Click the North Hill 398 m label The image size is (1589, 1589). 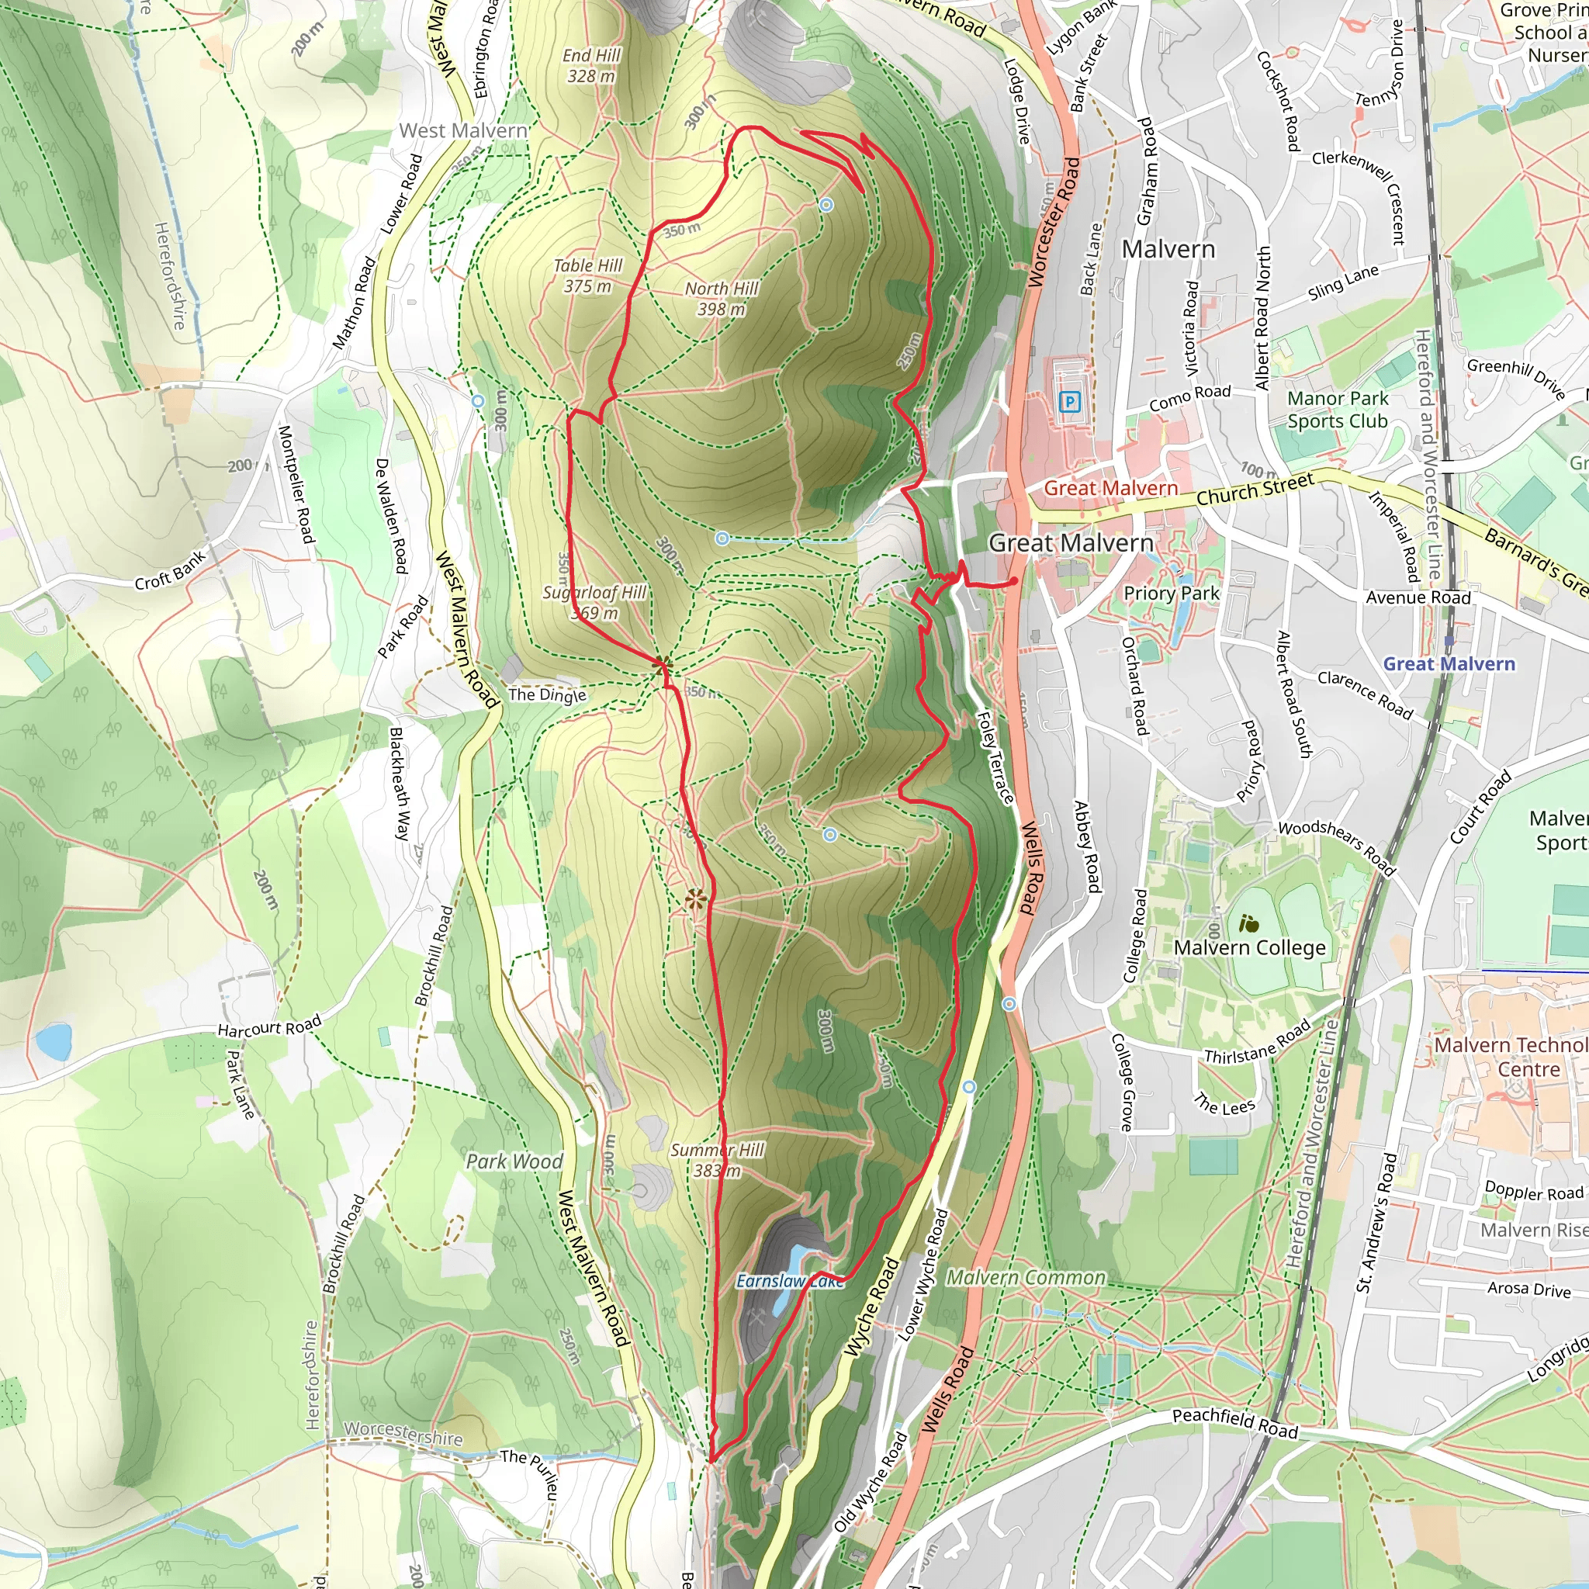(722, 299)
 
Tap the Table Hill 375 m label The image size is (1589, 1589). (587, 275)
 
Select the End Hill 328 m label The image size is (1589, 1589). (591, 66)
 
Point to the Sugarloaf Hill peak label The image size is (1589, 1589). (594, 602)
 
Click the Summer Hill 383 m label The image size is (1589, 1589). (717, 1160)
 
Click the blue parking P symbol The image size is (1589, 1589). (1069, 401)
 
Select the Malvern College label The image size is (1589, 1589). (1249, 947)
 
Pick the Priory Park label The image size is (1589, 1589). (1171, 593)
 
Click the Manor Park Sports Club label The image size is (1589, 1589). (1338, 410)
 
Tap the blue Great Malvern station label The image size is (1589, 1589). (1449, 663)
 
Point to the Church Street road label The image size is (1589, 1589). (1255, 491)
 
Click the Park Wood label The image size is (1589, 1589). (514, 1161)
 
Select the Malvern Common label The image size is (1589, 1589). (1026, 1277)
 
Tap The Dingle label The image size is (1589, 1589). (547, 694)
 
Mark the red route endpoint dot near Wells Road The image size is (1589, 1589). (1015, 580)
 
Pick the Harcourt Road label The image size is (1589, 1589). (269, 1027)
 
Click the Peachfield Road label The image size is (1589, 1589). (1234, 1423)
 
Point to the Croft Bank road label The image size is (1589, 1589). (171, 570)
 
